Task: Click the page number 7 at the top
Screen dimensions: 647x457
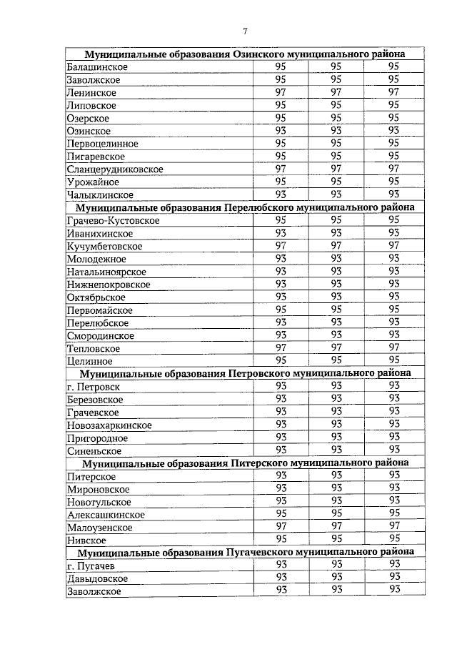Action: pyautogui.click(x=245, y=31)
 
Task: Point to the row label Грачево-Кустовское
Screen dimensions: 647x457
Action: pyautogui.click(x=113, y=221)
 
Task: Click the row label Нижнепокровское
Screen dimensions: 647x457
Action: pyautogui.click(x=109, y=285)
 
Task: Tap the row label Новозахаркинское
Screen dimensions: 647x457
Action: pyautogui.click(x=109, y=425)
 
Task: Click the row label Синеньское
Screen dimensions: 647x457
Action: pyautogui.click(x=94, y=451)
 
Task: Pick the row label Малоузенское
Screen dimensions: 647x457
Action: pyautogui.click(x=100, y=528)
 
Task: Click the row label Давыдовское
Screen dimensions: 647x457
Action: pyautogui.click(x=97, y=578)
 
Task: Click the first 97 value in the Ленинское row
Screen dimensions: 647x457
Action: pyautogui.click(x=281, y=92)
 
